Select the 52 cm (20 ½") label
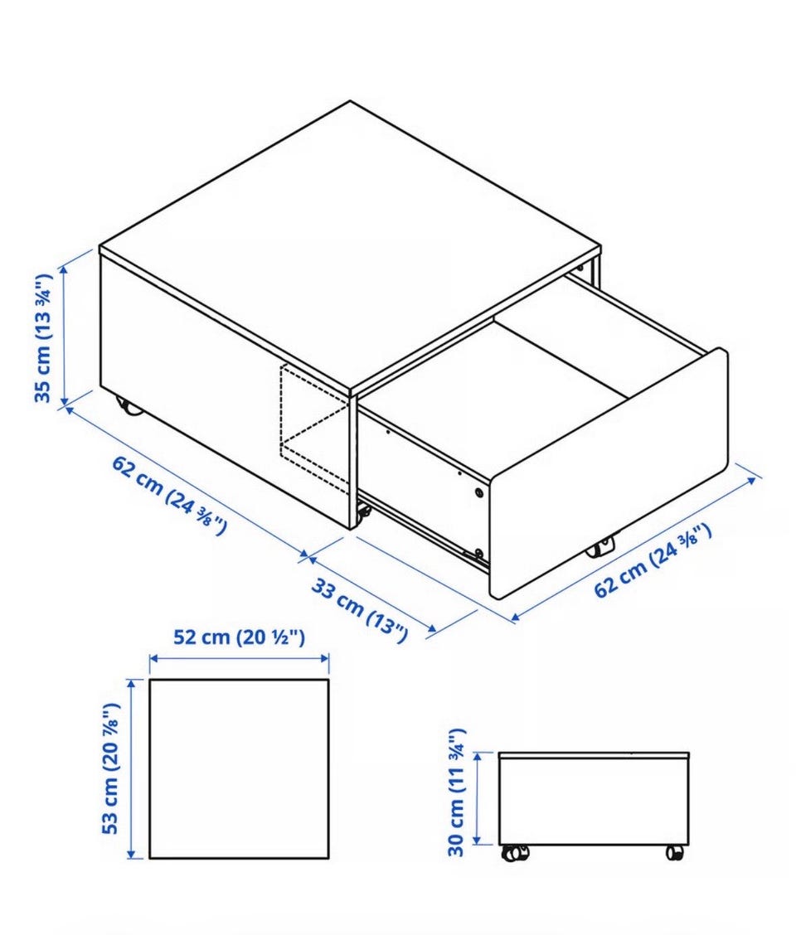pos(240,637)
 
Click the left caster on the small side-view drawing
pos(515,853)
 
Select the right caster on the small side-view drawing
pos(674,853)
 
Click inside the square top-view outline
pos(239,768)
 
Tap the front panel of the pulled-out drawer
pos(608,473)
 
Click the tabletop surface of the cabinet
pos(350,245)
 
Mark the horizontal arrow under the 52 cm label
pos(240,658)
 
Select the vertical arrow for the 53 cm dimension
pos(132,768)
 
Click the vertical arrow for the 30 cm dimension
pos(478,798)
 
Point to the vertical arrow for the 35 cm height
pos(65,337)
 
